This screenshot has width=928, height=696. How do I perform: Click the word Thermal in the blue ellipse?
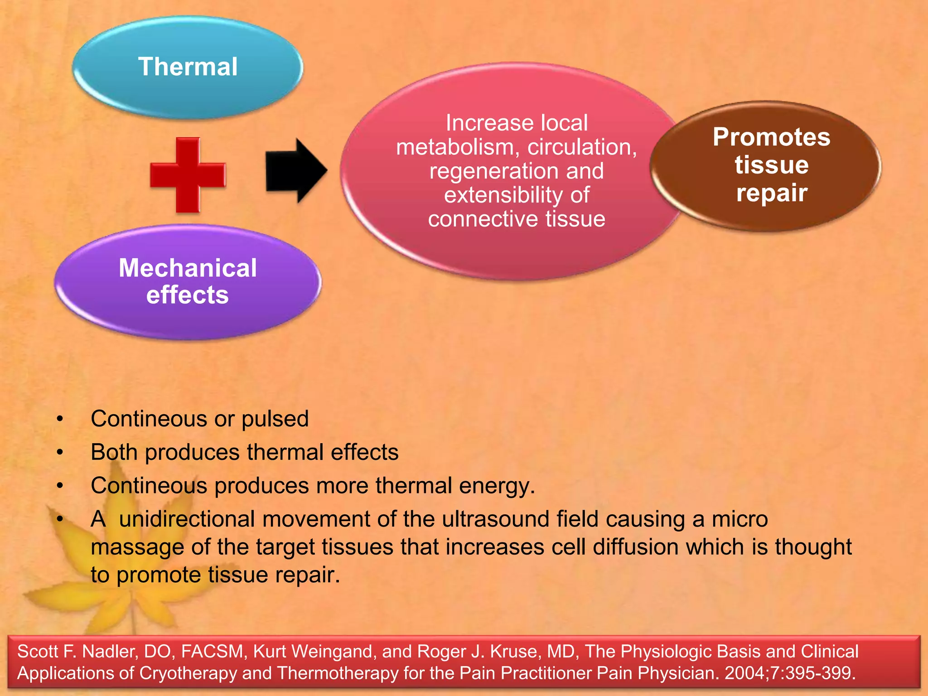click(x=188, y=67)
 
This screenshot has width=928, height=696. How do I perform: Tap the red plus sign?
click(x=188, y=175)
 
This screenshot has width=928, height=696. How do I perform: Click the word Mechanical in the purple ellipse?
click(x=188, y=268)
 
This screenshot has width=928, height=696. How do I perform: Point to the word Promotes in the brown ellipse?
click(x=771, y=137)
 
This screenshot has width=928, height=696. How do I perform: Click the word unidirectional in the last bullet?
click(x=187, y=519)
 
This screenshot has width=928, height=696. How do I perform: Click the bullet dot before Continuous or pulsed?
click(x=60, y=419)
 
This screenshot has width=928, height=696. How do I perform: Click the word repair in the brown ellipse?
click(x=771, y=193)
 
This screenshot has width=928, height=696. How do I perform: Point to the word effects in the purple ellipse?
click(x=188, y=295)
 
